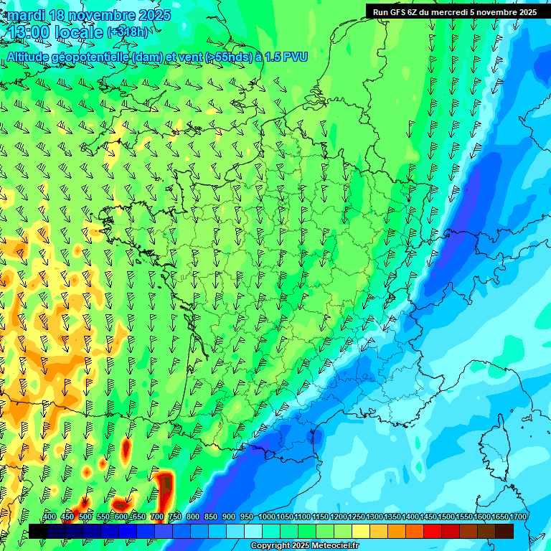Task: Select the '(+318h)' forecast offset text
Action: tap(128, 32)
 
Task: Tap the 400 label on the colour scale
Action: tap(49, 517)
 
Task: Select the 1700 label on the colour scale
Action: tap(517, 517)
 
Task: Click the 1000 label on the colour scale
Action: tap(267, 517)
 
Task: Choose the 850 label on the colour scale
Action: tap(210, 517)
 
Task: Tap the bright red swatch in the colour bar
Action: tap(433, 532)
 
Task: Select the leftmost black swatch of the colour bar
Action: tap(38, 532)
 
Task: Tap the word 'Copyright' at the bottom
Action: tap(270, 546)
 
